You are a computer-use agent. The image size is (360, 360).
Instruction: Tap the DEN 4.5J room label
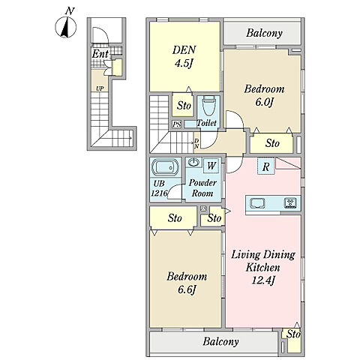coord(184,56)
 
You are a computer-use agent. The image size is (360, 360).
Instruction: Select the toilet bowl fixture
coord(208,106)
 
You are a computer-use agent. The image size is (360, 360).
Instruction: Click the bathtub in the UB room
coord(165,167)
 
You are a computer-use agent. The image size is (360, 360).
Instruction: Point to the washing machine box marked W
coord(211,166)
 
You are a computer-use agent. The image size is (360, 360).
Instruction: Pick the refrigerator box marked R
coord(266,166)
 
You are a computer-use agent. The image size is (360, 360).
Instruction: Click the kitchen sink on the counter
coord(257,203)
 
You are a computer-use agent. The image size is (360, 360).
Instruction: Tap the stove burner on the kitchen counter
coord(291,202)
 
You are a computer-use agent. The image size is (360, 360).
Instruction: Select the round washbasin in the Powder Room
coord(193,163)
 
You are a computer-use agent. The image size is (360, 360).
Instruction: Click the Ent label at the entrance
coord(100,54)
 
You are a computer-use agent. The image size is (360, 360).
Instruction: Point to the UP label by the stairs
coord(100,88)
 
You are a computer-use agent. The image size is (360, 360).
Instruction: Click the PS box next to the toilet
coord(177,124)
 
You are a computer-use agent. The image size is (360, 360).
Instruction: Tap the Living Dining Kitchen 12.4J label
coord(263,268)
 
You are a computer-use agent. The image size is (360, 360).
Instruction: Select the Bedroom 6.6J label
coord(187,283)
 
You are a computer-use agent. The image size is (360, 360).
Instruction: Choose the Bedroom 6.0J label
coord(264,96)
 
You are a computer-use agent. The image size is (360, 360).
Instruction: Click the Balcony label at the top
coord(264,33)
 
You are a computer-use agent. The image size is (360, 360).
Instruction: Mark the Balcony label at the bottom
coord(220,341)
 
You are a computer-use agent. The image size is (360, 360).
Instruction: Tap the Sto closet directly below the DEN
coord(184,106)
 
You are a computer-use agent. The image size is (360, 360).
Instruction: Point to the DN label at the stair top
coord(196,143)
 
